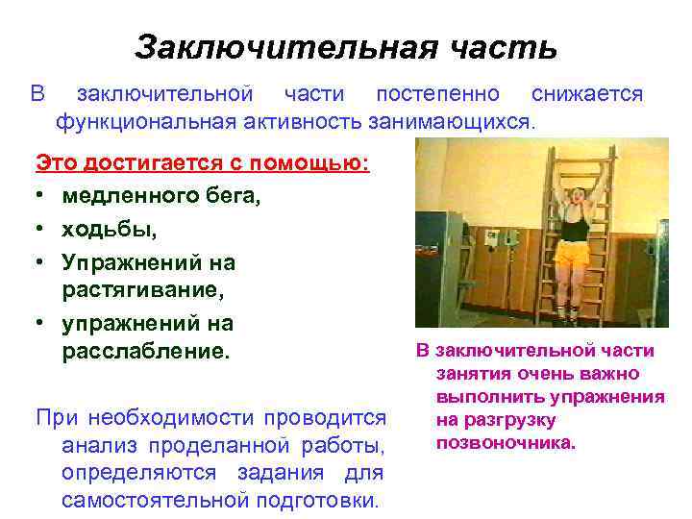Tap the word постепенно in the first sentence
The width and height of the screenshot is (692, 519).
[437, 94]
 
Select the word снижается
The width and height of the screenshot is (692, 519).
[586, 94]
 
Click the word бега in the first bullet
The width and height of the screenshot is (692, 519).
[233, 196]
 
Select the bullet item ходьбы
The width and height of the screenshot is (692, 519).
[109, 230]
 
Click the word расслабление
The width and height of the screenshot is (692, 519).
[146, 350]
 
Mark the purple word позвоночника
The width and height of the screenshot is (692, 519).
[506, 443]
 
